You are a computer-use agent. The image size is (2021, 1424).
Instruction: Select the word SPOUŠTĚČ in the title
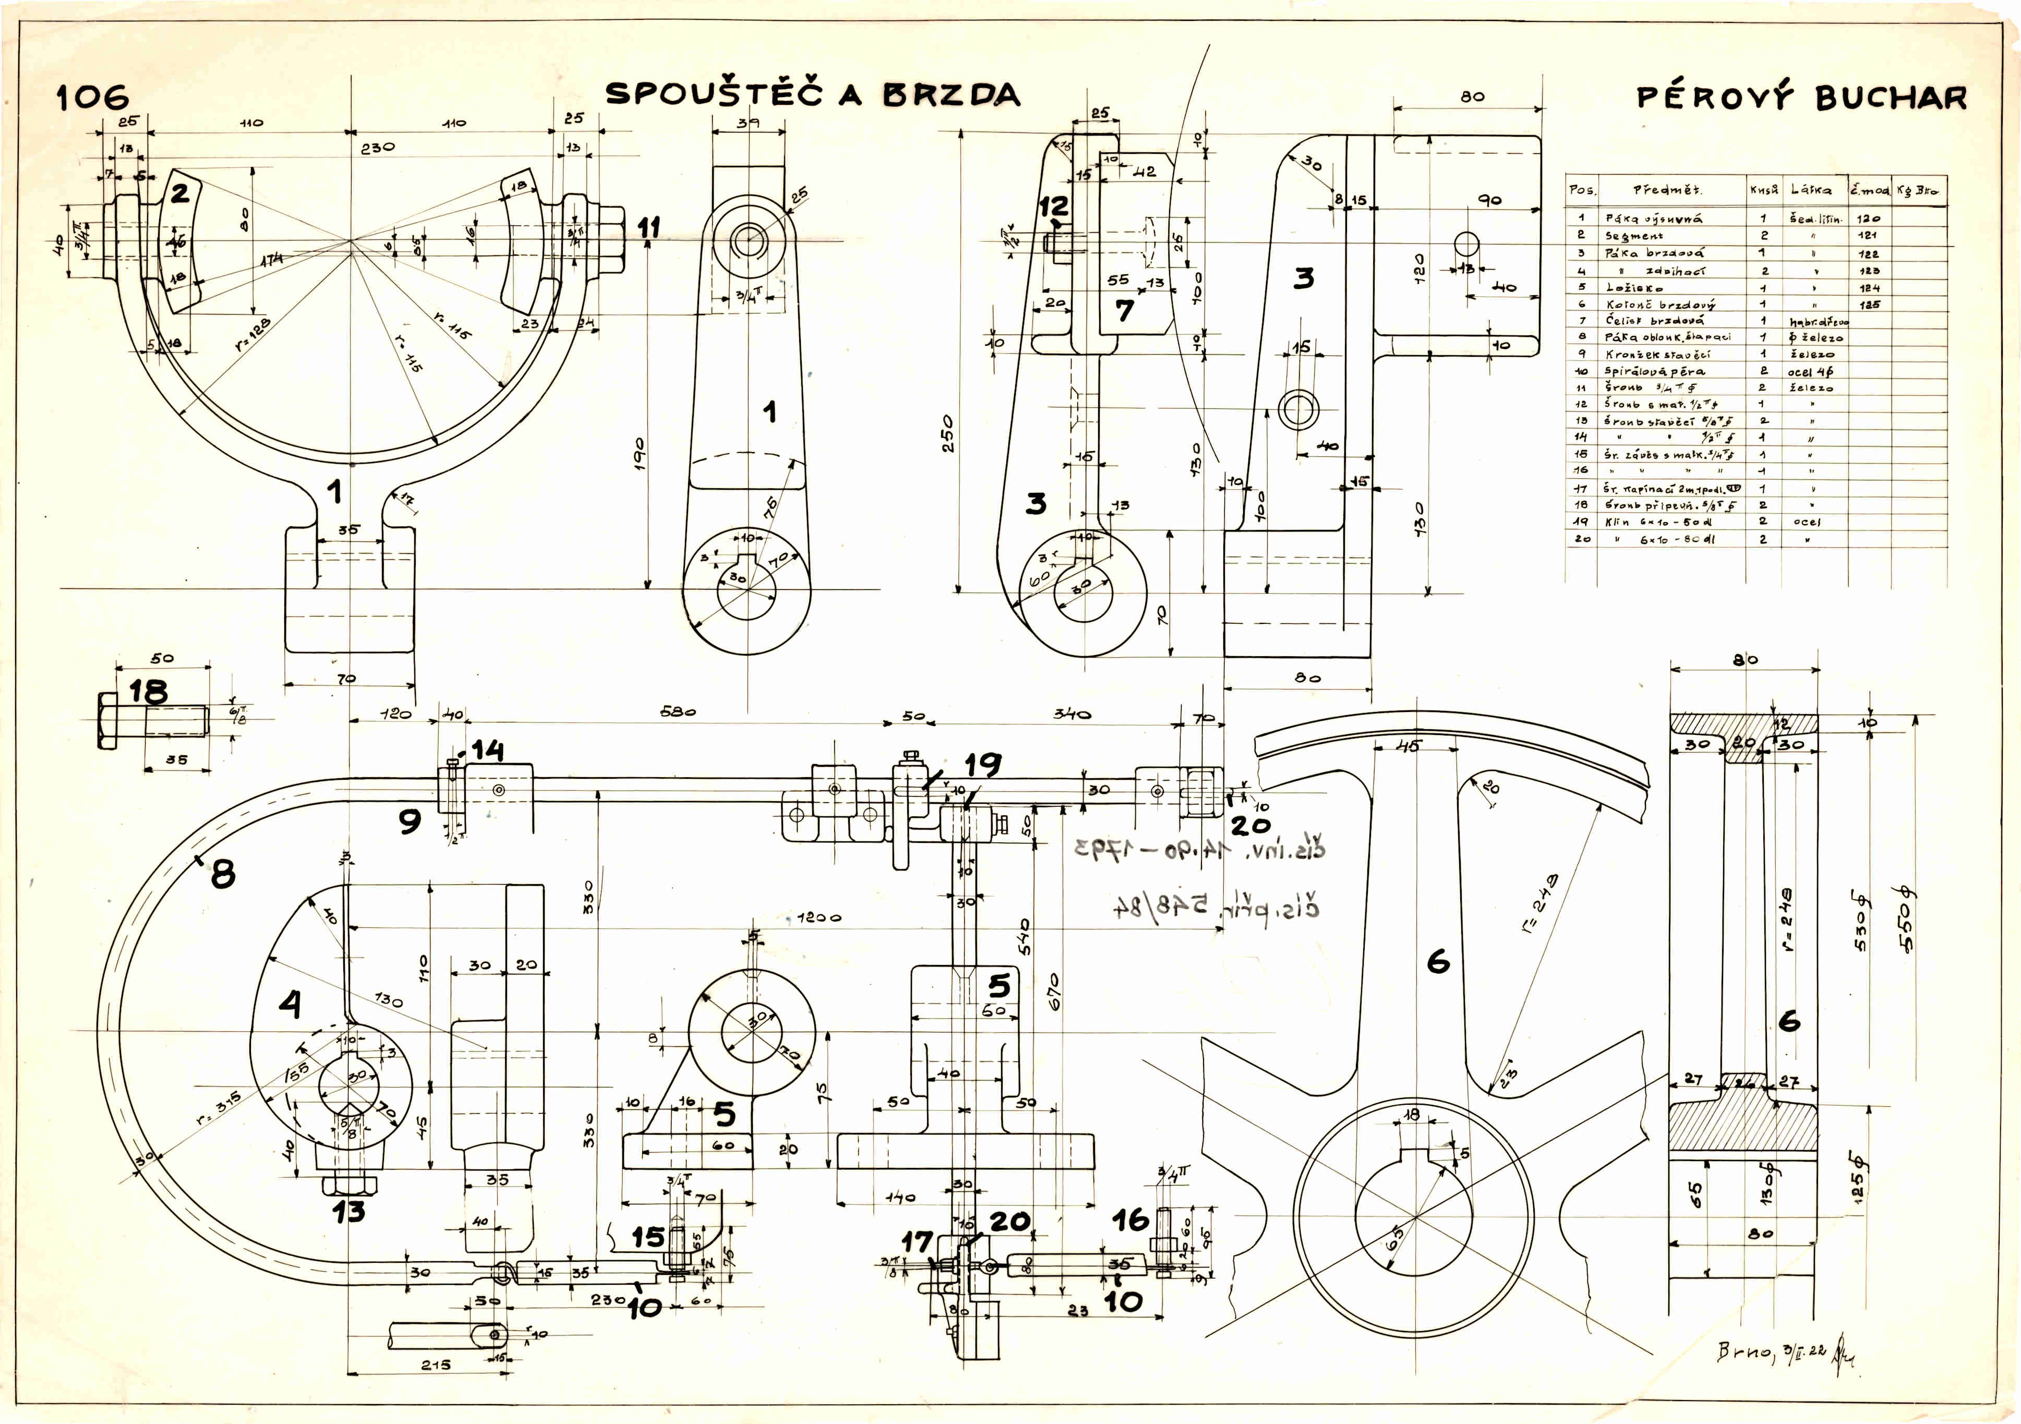[714, 94]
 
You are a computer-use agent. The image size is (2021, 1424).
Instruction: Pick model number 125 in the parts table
[1870, 305]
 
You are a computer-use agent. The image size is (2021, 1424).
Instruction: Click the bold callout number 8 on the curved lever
[223, 874]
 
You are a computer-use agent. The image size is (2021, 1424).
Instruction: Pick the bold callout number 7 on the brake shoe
[1124, 310]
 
